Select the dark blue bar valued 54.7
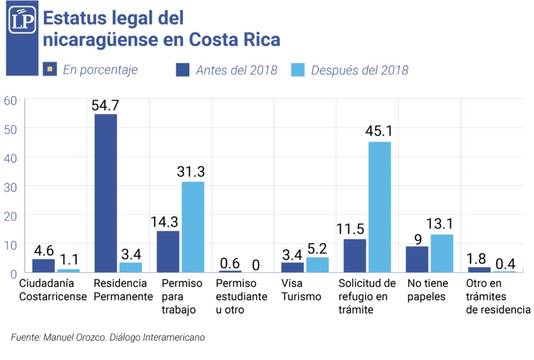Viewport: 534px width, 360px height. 105,193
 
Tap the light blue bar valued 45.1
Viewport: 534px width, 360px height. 380,207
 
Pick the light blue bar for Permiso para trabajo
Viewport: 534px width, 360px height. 193,227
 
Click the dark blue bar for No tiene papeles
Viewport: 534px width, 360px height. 417,259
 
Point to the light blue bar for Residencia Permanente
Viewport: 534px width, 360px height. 130,267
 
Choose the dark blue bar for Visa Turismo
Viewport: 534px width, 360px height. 293,267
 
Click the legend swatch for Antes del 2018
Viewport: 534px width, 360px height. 183,69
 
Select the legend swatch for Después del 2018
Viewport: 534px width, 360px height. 298,69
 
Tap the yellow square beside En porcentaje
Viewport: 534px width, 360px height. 50,69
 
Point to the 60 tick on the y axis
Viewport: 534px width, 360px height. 10,100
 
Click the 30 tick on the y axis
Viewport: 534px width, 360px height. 10,186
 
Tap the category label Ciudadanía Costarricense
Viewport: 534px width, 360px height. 53,291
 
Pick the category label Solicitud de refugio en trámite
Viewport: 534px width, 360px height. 367,297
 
